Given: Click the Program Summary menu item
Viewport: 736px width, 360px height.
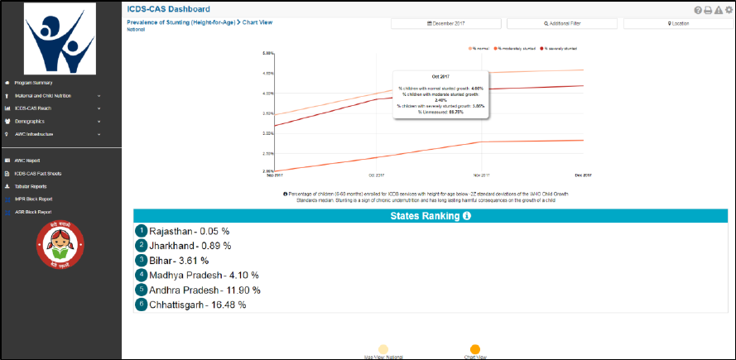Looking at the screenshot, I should (33, 83).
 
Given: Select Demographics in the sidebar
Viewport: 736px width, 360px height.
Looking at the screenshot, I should (33, 121).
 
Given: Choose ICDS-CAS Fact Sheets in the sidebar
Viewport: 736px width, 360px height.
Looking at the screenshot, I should (38, 174).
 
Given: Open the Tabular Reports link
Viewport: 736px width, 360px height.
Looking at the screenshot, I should (31, 186).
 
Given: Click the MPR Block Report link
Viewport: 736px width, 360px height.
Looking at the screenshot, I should (34, 199).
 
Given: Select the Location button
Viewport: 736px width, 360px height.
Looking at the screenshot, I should (678, 24).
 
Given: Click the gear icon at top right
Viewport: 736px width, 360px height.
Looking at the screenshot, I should (729, 10).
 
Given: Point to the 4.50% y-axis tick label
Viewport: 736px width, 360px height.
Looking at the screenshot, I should (268, 73).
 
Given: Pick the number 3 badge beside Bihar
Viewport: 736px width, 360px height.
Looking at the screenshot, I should (142, 260).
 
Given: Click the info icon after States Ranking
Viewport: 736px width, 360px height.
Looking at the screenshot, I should (467, 216).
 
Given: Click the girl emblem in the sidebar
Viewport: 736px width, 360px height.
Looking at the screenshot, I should (60, 246).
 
